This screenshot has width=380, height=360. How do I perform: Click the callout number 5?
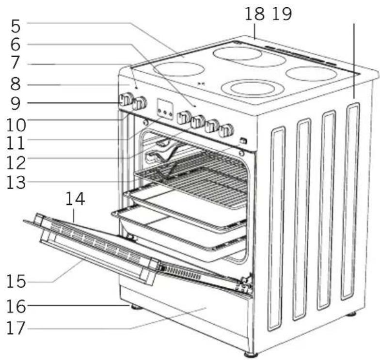pyautogui.click(x=16, y=27)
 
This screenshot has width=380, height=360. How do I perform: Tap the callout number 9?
pyautogui.click(x=16, y=104)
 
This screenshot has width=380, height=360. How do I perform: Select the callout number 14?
pyautogui.click(x=76, y=199)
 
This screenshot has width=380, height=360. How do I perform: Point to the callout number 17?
pyautogui.click(x=16, y=328)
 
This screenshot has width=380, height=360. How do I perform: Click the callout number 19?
pyautogui.click(x=282, y=14)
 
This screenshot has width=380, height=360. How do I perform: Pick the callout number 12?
pyautogui.click(x=16, y=163)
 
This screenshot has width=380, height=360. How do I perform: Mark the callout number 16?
pyautogui.click(x=16, y=306)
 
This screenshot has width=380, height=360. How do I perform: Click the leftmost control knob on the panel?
pyautogui.click(x=126, y=100)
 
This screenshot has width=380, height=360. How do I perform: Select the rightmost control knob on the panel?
pyautogui.click(x=226, y=130)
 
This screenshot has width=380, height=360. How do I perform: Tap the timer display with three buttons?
pyautogui.click(x=165, y=109)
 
